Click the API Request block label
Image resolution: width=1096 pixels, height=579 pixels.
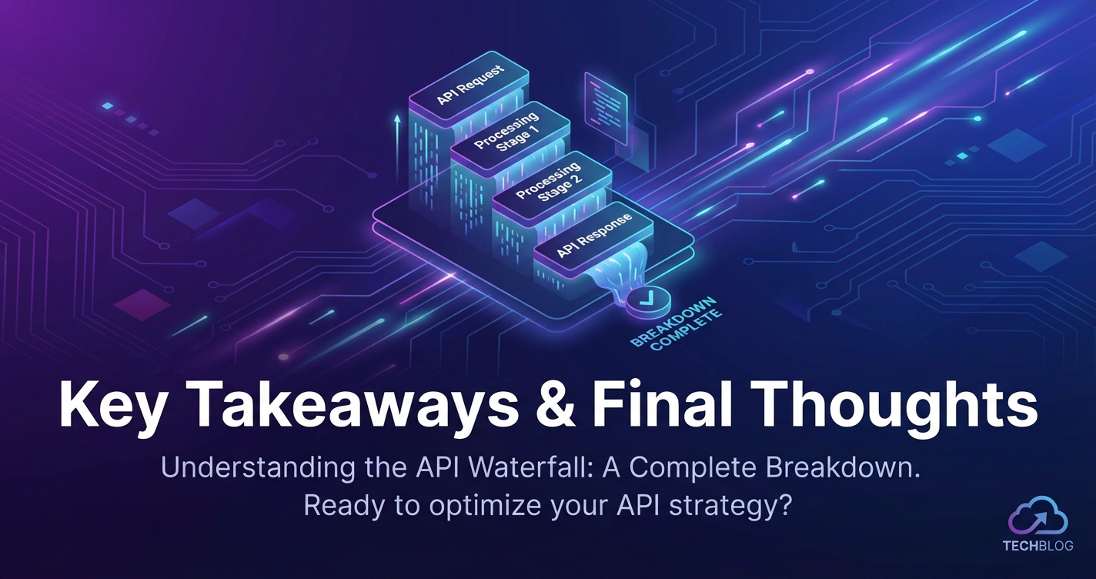point(469,85)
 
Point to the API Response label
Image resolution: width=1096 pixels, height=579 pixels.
point(593,236)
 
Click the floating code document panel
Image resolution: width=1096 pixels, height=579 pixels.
point(606,108)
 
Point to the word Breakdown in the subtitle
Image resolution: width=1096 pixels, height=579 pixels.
point(843,468)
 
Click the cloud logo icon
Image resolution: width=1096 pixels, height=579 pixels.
point(1038,517)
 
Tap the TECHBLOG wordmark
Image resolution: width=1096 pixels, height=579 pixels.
point(1038,546)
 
